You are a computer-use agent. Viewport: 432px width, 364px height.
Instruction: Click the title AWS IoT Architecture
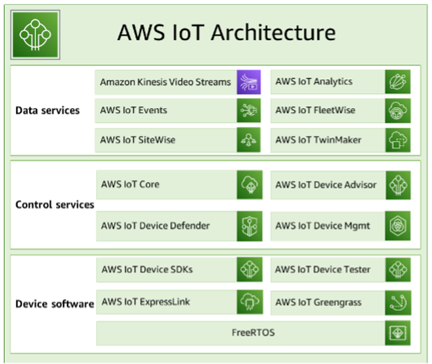click(227, 32)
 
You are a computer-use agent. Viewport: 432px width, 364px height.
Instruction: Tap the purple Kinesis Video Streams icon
click(249, 82)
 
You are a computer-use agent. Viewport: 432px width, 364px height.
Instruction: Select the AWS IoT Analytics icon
click(398, 82)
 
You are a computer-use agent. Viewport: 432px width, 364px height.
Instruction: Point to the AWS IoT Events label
click(134, 110)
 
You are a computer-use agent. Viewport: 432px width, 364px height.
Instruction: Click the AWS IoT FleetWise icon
click(398, 110)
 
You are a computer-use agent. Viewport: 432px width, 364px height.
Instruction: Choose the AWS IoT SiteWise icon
click(249, 140)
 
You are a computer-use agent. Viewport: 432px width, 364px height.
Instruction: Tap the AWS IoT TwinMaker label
click(318, 140)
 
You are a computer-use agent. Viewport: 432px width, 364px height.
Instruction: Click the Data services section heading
click(48, 110)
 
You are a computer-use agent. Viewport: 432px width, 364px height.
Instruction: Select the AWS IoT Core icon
click(249, 185)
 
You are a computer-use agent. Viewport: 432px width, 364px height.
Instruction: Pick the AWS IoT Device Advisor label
click(326, 185)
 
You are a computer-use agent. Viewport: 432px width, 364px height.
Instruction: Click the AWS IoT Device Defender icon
click(249, 226)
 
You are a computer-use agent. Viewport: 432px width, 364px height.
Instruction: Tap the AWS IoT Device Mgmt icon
click(398, 226)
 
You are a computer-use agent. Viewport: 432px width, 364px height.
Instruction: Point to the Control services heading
click(55, 205)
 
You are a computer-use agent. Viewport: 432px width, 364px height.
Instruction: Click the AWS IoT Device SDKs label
click(147, 270)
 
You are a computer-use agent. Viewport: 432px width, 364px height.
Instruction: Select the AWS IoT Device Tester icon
click(398, 270)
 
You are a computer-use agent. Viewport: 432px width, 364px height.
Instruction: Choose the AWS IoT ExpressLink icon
click(249, 303)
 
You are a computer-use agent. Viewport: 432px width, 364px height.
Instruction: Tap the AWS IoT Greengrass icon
click(398, 303)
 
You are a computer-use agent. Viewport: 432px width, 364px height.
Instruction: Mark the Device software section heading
click(55, 304)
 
